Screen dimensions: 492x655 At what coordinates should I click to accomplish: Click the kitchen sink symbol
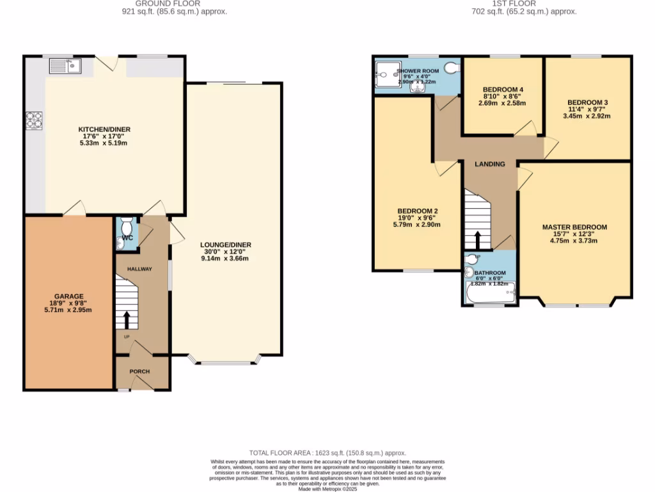pos(64,65)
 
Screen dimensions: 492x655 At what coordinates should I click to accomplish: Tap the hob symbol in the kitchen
pos(34,120)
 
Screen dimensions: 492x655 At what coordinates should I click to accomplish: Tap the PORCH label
pos(139,372)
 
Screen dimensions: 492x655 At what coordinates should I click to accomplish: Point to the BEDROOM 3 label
pos(587,102)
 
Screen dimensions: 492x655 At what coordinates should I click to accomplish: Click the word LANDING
pos(490,164)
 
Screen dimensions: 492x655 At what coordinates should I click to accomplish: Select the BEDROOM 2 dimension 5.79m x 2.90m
pos(417,225)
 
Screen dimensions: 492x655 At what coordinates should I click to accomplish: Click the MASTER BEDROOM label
pos(574,227)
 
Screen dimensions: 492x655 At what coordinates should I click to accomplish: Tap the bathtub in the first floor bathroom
pos(490,294)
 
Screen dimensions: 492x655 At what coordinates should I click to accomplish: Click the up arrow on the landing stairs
pos(477,240)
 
